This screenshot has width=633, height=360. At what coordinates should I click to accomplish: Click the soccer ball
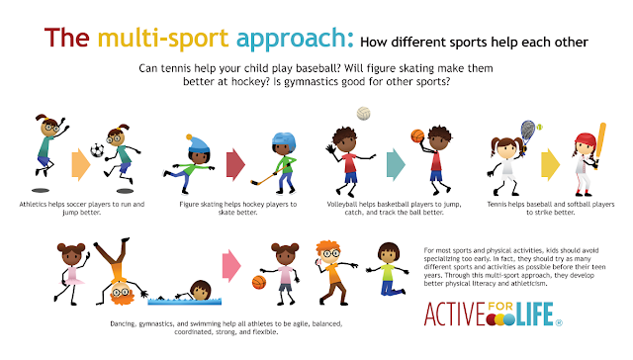(97, 151)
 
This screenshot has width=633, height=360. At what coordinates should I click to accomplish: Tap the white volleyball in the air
(363, 114)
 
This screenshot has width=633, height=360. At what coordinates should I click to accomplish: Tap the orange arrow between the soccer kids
(78, 163)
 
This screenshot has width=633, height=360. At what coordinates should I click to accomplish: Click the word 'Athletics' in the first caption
(35, 203)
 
